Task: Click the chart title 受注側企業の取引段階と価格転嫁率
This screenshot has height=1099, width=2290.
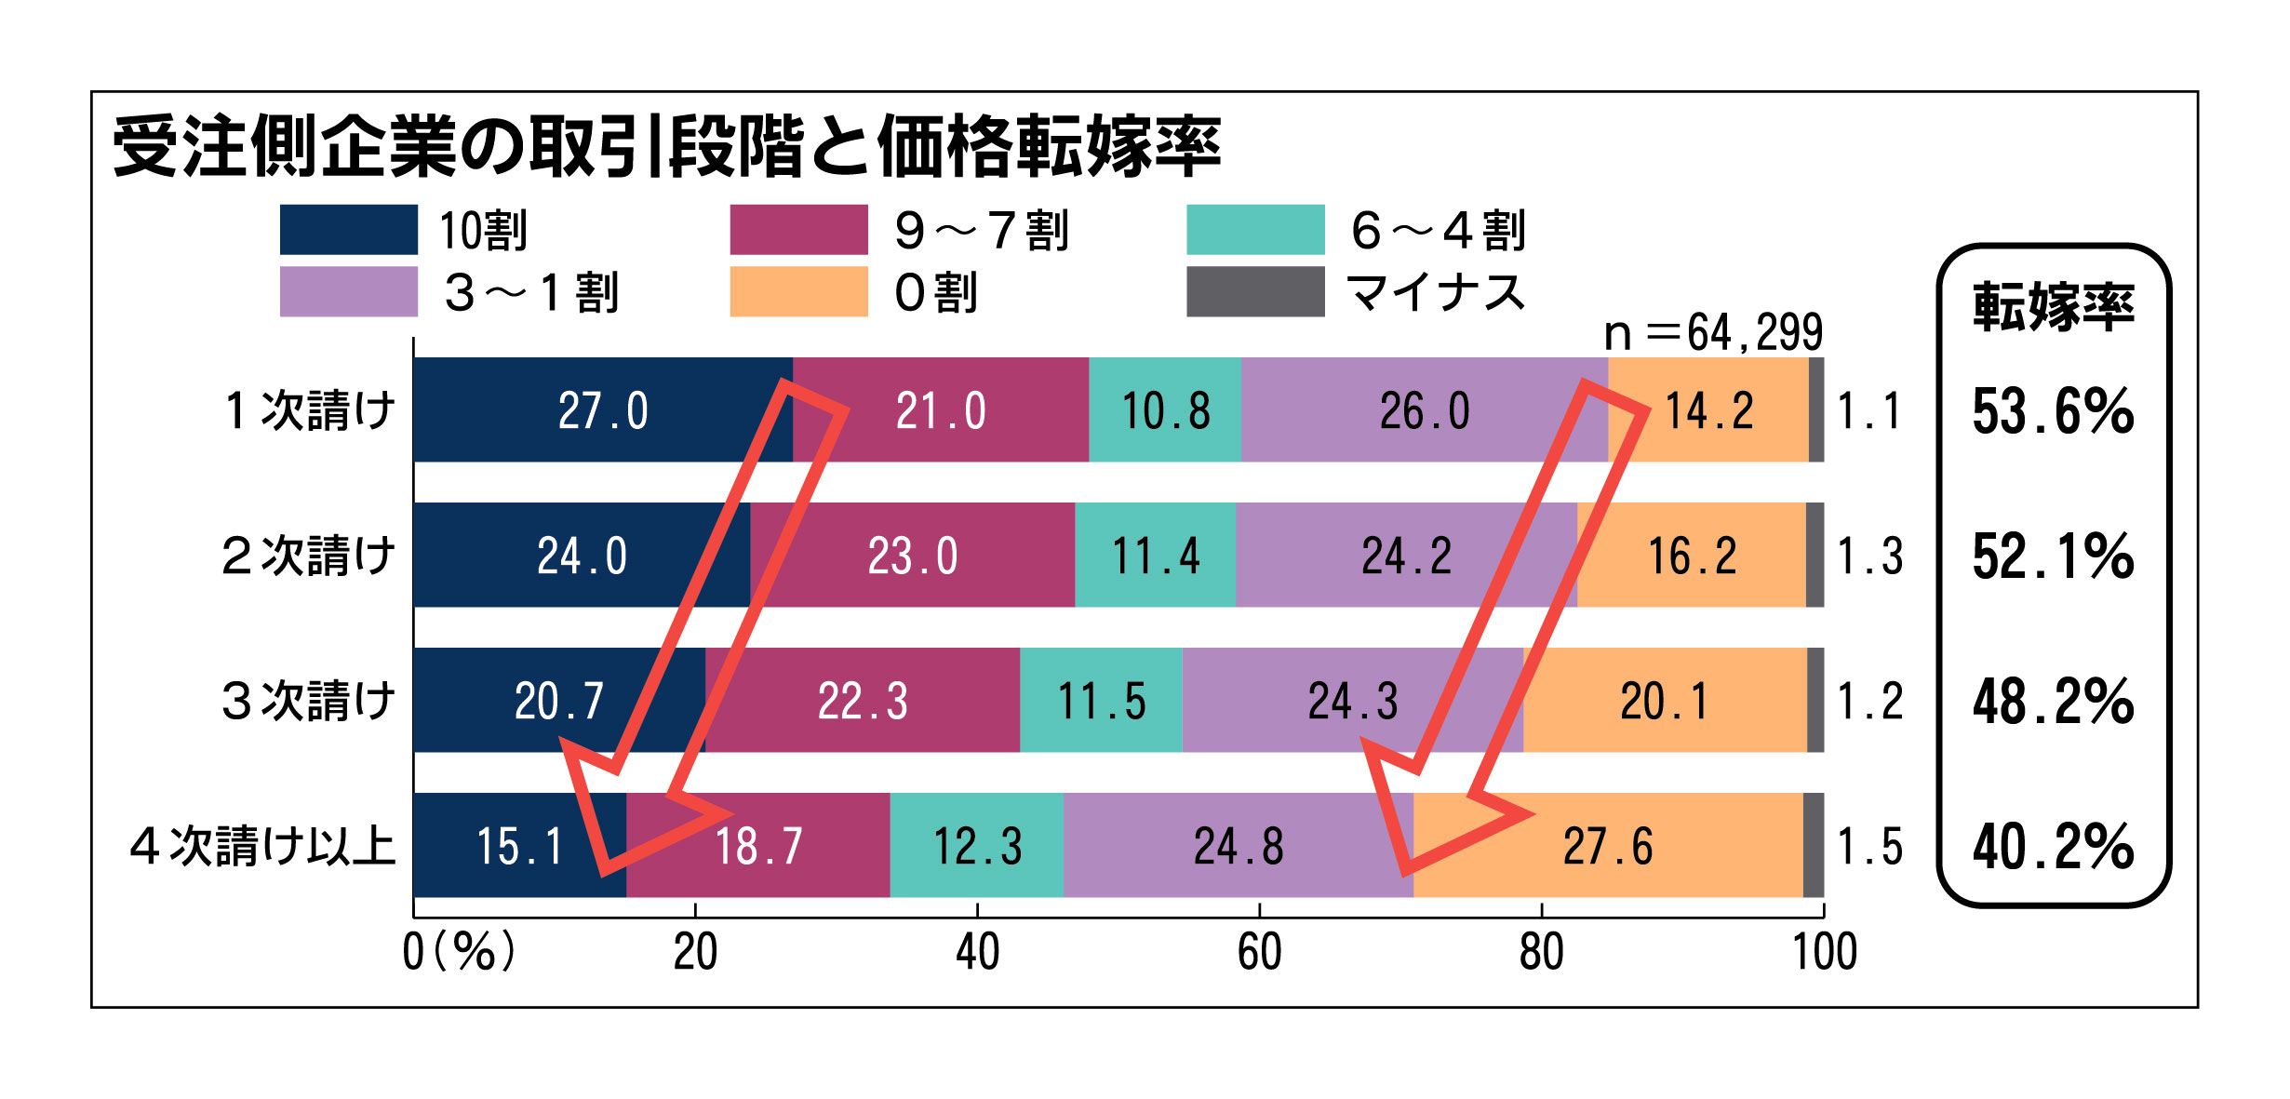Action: (665, 146)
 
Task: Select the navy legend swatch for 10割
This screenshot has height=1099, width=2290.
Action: (348, 230)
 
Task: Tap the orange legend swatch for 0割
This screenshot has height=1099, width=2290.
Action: (798, 292)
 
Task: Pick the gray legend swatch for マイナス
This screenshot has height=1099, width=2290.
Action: (1254, 292)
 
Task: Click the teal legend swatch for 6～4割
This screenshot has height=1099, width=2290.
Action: (1254, 230)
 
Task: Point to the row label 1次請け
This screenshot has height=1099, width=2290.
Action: (310, 410)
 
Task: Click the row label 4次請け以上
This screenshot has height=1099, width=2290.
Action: (263, 846)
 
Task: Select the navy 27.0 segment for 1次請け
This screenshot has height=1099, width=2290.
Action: (603, 410)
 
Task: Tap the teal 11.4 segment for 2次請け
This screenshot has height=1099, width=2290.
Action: (1155, 556)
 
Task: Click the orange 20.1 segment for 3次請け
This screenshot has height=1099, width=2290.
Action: (1664, 701)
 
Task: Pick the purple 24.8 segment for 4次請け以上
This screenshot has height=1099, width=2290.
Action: (1238, 846)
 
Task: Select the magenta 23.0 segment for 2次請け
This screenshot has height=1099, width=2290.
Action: (912, 556)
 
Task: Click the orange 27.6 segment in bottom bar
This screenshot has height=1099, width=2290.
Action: (1607, 846)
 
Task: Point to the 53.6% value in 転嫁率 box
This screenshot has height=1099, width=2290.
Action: (2052, 411)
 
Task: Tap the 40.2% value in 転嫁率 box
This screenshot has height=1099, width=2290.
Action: (2052, 847)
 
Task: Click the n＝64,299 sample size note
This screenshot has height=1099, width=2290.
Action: (1712, 333)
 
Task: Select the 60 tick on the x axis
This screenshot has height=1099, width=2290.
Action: (1259, 952)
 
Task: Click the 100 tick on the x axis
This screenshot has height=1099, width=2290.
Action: (1824, 952)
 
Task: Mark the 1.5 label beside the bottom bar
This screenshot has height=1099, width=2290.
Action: (1869, 847)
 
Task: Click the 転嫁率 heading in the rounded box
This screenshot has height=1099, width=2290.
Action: (2053, 306)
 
